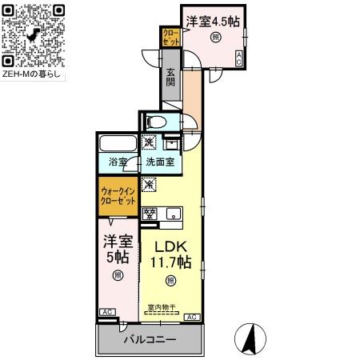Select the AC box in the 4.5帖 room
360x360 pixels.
pos(238,57)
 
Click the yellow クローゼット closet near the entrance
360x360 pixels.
pos(170,36)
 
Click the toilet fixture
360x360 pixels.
pos(158,122)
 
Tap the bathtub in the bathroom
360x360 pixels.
pos(118,146)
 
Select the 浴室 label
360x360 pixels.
pos(118,162)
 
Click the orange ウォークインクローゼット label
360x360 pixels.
pos(118,196)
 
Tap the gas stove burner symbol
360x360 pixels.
pos(150,214)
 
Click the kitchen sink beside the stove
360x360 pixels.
pos(172,214)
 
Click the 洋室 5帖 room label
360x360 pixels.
pos(116,248)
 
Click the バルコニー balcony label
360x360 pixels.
pos(150,339)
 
